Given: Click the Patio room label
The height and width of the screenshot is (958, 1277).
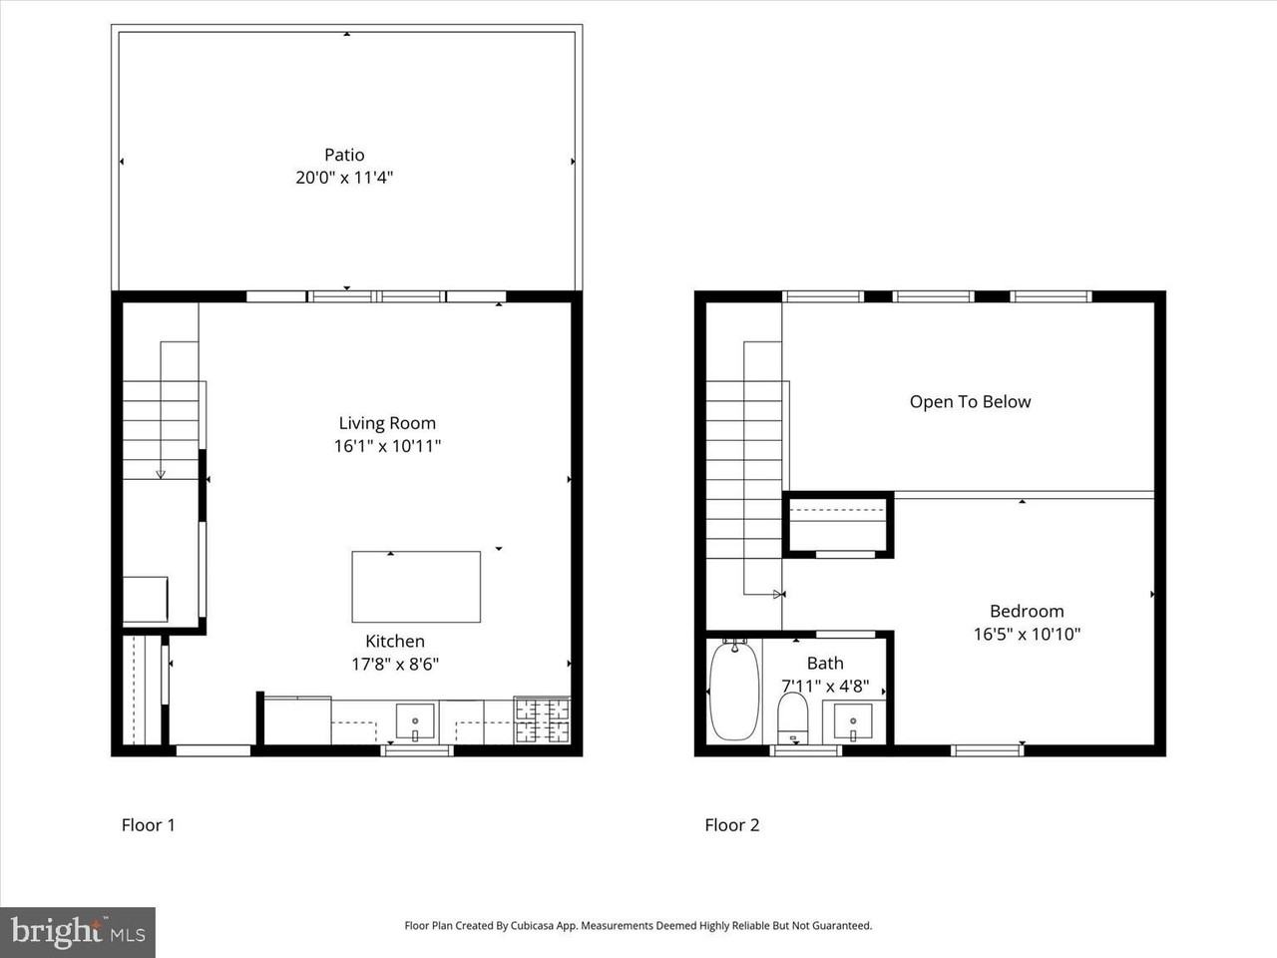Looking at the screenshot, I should (344, 155).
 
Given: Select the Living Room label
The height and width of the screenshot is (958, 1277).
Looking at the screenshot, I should (387, 423).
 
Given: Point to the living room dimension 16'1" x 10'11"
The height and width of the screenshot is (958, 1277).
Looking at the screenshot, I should (387, 446).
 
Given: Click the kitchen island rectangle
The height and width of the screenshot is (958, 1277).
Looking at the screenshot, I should (416, 587).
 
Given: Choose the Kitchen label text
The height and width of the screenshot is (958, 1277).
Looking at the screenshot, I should (395, 642).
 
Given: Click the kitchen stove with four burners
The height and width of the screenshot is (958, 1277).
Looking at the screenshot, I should (542, 720).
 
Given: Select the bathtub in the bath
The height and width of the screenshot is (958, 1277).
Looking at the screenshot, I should (734, 692).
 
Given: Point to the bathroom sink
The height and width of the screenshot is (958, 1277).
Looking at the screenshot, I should (853, 720).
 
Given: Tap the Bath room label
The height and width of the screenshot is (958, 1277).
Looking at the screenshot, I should (825, 664).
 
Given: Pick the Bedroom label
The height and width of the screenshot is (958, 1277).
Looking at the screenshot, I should (1027, 612).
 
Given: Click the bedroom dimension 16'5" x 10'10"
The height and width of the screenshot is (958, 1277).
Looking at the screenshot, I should (1027, 635).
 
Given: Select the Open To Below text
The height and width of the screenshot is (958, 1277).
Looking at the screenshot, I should (970, 402).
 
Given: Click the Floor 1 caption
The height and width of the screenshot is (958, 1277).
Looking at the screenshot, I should (148, 825).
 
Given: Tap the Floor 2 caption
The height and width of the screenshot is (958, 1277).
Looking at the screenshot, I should (731, 825).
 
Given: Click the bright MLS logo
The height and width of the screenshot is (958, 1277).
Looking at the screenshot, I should (78, 932).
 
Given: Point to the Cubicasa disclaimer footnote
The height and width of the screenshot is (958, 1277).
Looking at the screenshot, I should (638, 926).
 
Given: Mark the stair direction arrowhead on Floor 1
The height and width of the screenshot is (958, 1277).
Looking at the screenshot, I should (161, 474).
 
